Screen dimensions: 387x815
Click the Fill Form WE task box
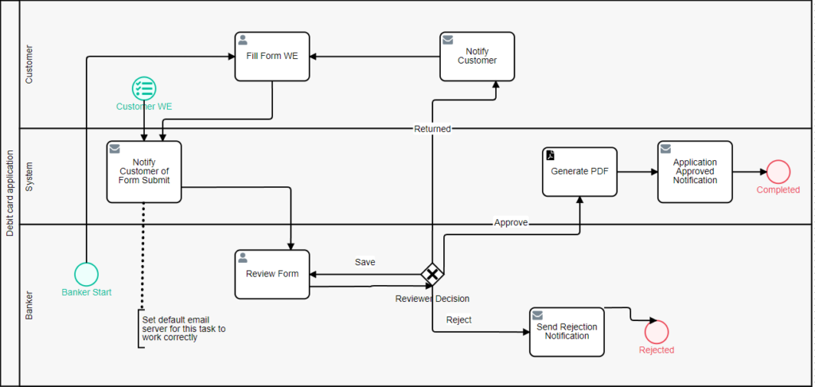tap(272, 57)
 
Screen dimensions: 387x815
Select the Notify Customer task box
tap(477, 57)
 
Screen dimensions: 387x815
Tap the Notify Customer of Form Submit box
tap(144, 171)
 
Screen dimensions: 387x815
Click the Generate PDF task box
tap(580, 171)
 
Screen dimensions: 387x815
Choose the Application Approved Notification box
tap(695, 171)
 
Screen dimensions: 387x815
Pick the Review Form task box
tap(272, 274)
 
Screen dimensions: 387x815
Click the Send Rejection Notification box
tap(567, 331)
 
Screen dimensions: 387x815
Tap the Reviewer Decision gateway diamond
tap(432, 274)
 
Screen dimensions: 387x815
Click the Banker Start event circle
tap(86, 274)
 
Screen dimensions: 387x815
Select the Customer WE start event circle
tap(144, 88)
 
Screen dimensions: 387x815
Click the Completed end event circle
tap(778, 171)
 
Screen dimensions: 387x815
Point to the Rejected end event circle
tap(657, 331)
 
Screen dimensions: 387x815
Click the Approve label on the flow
tap(511, 223)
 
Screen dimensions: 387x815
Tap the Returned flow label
tap(432, 128)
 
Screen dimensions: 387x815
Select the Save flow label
tap(365, 262)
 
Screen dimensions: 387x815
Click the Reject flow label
tap(458, 320)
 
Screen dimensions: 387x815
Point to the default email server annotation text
tap(183, 328)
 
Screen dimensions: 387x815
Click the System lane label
tap(29, 176)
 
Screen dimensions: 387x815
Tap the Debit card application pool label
tap(10, 193)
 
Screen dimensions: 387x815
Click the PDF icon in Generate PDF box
tap(550, 154)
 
